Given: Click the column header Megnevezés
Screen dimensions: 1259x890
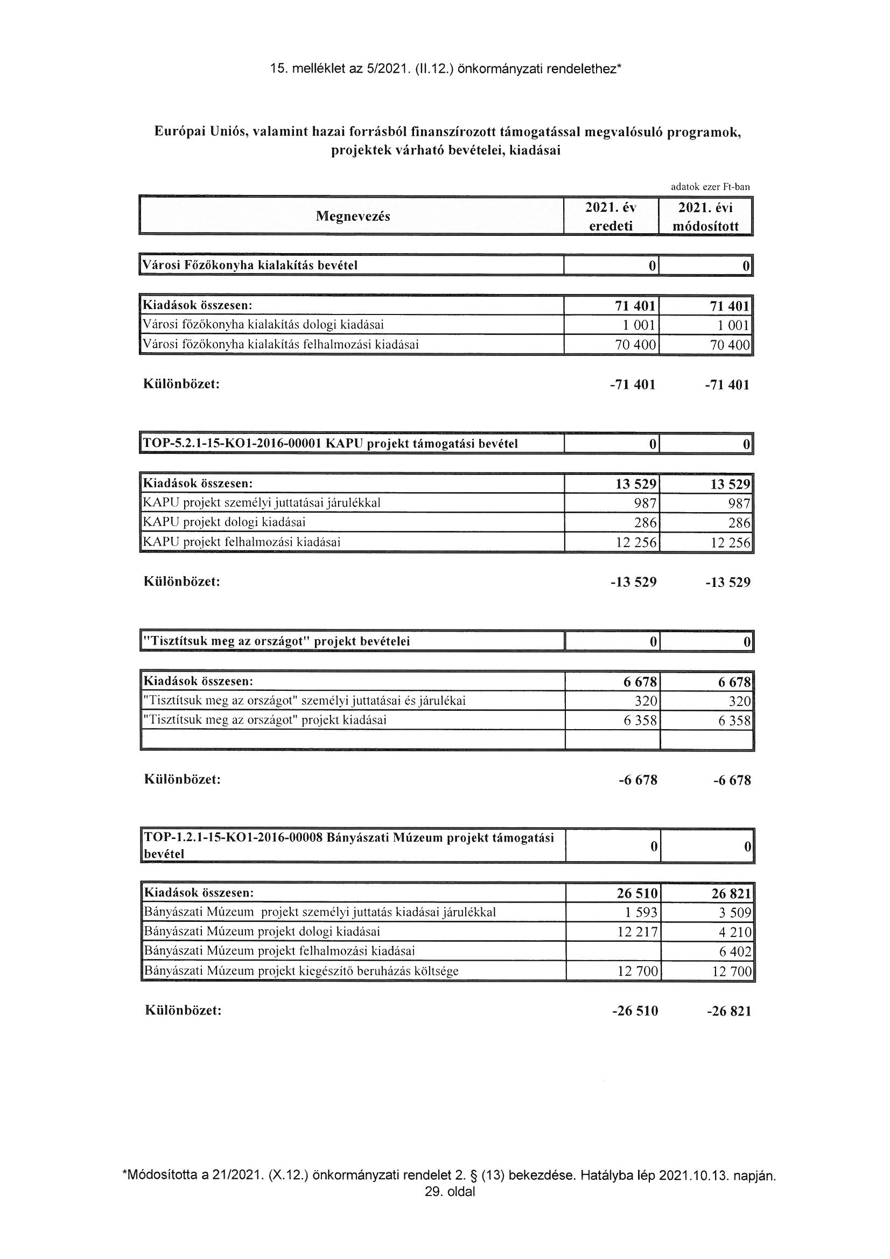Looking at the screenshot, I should pyautogui.click(x=353, y=216).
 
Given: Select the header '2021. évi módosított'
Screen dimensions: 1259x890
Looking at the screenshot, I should pyautogui.click(x=705, y=216).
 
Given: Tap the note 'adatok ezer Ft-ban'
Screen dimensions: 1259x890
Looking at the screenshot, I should pyautogui.click(x=710, y=187).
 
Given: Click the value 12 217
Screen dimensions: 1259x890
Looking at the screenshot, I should pyautogui.click(x=636, y=932).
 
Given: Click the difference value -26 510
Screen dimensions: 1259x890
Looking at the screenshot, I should pyautogui.click(x=635, y=1011).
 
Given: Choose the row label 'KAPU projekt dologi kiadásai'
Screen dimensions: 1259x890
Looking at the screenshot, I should pyautogui.click(x=224, y=522).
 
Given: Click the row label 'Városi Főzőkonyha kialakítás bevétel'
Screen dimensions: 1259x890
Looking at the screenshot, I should pyautogui.click(x=250, y=265).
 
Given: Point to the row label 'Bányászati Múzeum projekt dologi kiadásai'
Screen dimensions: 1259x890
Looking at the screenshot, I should pyautogui.click(x=262, y=932).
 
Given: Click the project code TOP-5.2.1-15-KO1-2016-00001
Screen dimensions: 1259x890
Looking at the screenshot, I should pyautogui.click(x=232, y=444).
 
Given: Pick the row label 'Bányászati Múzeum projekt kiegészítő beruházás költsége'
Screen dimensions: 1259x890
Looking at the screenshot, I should pyautogui.click(x=300, y=971).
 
